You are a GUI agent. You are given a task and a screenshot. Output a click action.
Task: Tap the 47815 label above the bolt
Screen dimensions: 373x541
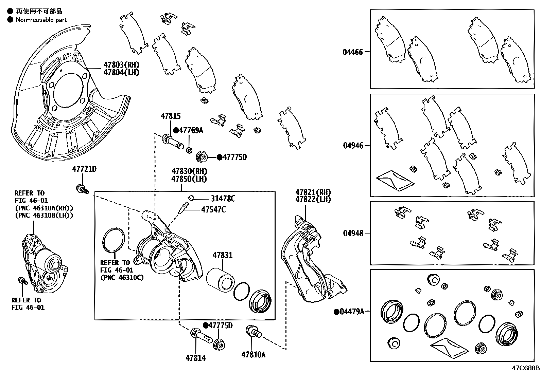(x=171, y=116)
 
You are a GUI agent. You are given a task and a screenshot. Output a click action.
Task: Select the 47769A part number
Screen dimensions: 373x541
(x=191, y=130)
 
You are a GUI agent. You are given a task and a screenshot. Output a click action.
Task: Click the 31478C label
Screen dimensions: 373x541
(x=223, y=199)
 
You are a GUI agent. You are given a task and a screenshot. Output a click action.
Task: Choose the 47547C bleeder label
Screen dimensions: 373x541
(x=213, y=210)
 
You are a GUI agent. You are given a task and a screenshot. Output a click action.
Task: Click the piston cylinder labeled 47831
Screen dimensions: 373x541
(x=220, y=280)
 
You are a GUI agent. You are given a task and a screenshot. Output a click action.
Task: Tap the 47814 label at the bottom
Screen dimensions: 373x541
(x=195, y=358)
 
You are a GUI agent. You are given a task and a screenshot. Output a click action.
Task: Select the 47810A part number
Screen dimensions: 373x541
(x=253, y=355)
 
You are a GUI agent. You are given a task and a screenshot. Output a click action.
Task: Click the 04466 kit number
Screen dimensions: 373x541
(x=353, y=52)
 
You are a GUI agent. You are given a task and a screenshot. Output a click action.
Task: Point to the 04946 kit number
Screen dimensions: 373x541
(x=353, y=146)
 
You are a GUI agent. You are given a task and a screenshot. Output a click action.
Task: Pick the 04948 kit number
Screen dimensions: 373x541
(x=353, y=233)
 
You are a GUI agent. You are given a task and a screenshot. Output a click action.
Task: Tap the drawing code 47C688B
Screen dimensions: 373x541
(x=526, y=368)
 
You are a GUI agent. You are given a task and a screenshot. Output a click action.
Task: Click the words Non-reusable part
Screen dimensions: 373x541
(x=41, y=20)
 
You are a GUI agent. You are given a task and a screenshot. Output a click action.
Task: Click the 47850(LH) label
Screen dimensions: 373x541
(x=189, y=179)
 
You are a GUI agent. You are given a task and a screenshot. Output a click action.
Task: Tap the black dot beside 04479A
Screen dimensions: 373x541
(x=336, y=311)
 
